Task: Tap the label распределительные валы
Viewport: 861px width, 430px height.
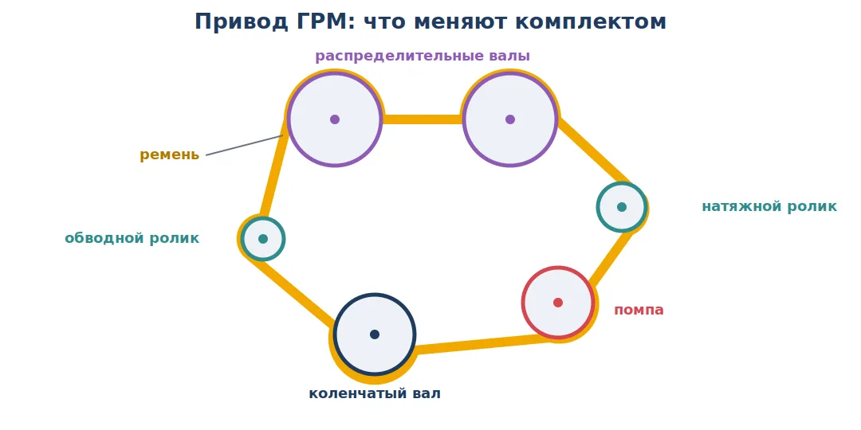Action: click(423, 57)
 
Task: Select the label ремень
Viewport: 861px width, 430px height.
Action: click(169, 155)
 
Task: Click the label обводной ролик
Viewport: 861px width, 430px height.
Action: click(132, 239)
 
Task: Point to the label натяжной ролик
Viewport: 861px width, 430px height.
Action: click(769, 207)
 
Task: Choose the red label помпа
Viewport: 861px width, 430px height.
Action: click(639, 310)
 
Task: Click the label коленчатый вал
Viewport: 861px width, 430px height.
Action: click(375, 394)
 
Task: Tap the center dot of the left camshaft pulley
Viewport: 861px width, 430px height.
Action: click(335, 119)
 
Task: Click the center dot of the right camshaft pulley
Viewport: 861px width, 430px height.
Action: click(510, 119)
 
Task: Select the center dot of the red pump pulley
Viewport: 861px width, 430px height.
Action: click(558, 303)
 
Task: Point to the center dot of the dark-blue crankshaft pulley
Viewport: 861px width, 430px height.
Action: click(375, 334)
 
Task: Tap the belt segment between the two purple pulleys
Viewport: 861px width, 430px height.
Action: click(423, 119)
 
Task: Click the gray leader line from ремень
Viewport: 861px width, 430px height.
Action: click(245, 146)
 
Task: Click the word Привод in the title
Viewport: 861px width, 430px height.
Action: click(241, 22)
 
